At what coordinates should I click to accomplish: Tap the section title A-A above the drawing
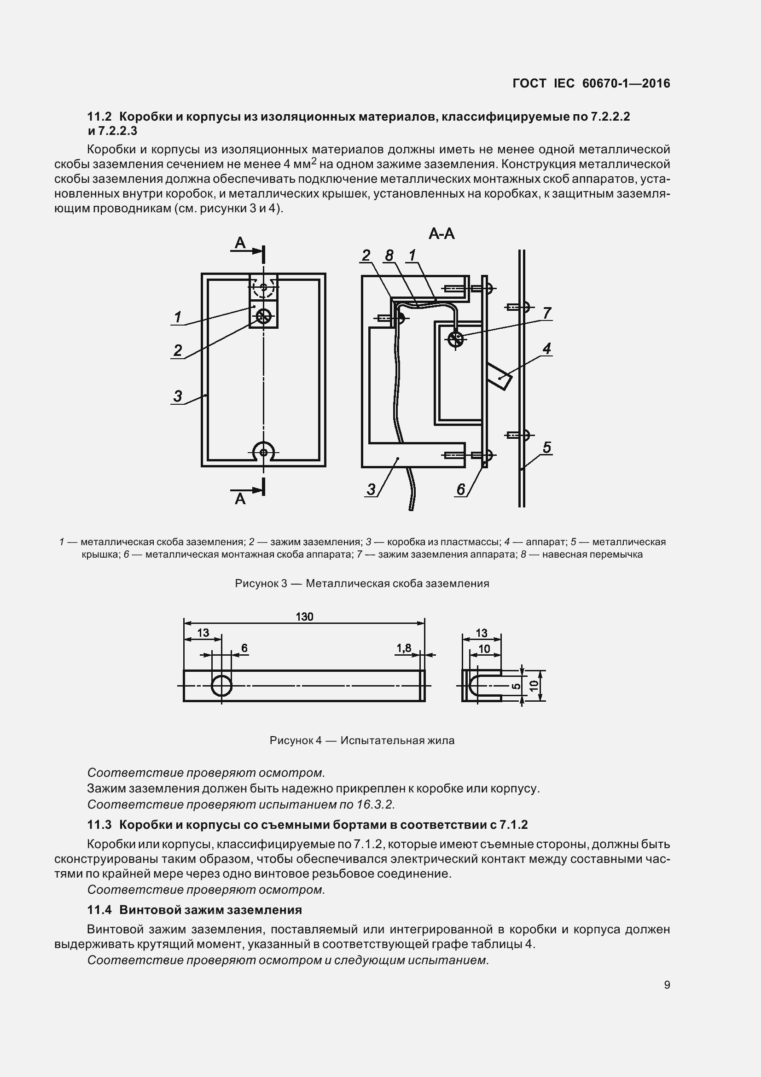[441, 233]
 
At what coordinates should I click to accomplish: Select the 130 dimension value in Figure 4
[304, 617]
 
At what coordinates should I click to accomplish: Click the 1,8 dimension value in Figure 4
[403, 648]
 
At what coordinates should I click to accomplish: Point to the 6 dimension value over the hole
[244, 648]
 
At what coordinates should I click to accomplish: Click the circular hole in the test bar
[221, 686]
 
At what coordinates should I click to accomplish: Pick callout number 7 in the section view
[546, 313]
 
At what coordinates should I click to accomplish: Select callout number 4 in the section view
[546, 349]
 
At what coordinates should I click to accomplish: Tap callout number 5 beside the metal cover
[547, 448]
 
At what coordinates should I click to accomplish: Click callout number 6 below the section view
[460, 489]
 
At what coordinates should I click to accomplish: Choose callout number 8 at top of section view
[389, 256]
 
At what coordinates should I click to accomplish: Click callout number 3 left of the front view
[177, 396]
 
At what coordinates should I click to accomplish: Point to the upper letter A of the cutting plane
[239, 243]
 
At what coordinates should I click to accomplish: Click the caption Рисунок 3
[361, 583]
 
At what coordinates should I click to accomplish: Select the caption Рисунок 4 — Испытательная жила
[361, 741]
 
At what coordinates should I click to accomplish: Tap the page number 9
[667, 984]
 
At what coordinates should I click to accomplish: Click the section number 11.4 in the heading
[99, 910]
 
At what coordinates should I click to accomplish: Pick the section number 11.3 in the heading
[99, 825]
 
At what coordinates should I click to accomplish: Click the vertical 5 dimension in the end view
[516, 686]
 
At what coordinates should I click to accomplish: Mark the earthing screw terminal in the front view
[263, 317]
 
